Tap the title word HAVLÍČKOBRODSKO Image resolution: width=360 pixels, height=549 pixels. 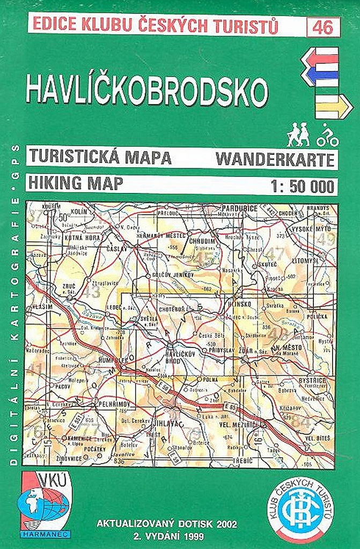coord(146,92)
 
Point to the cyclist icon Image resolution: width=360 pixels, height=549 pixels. coord(327,136)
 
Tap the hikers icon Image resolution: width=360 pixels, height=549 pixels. coord(298,135)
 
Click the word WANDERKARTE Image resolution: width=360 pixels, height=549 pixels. coord(275,159)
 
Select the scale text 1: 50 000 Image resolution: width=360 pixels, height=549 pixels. coord(304,185)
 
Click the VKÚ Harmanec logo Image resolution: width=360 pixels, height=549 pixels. coord(45,502)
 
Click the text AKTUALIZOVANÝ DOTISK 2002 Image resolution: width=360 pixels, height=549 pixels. coord(166,523)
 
